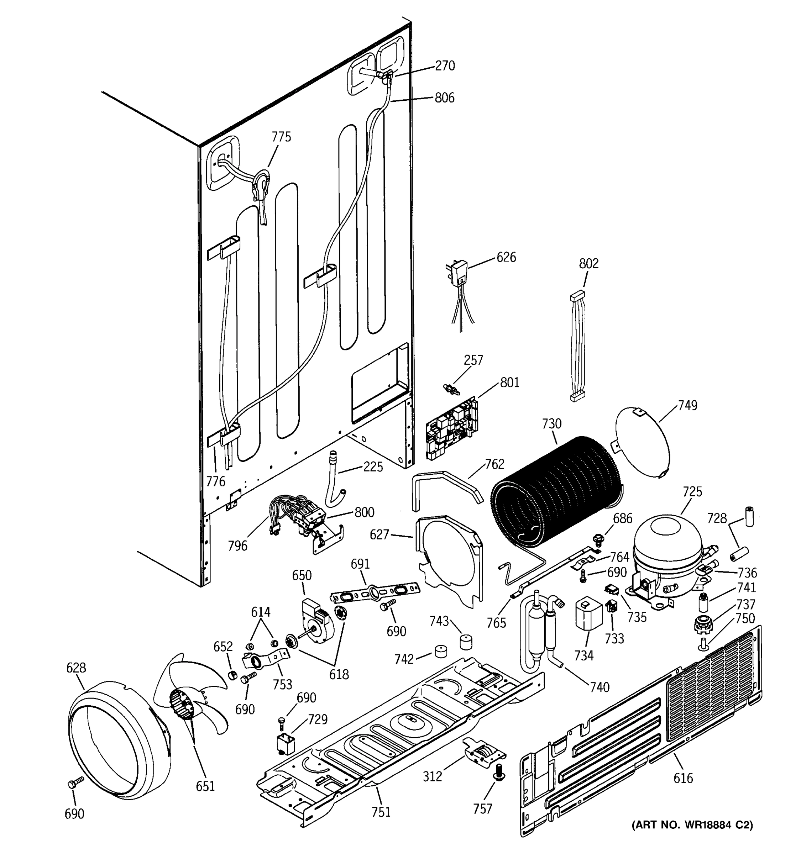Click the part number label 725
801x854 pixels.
click(x=692, y=492)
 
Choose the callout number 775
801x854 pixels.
click(x=281, y=137)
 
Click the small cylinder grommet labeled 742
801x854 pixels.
click(x=440, y=651)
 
